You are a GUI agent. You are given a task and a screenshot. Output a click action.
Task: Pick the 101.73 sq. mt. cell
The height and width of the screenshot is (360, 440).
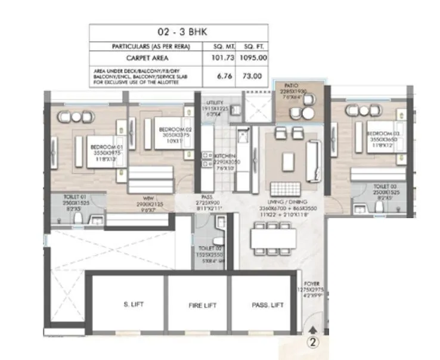tap(215, 59)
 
